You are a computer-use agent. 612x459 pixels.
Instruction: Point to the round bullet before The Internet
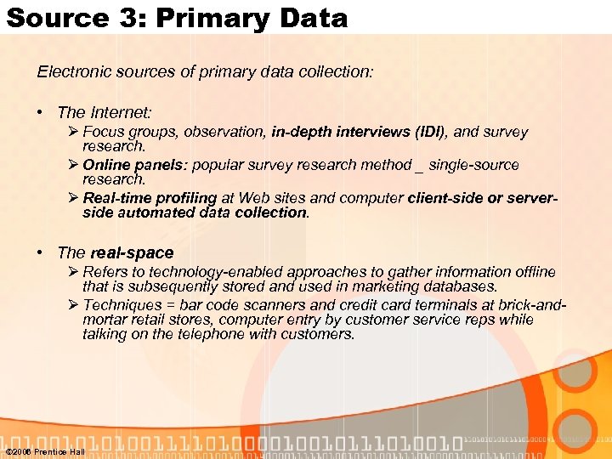point(41,112)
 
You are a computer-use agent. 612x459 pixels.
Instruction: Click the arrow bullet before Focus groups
point(75,132)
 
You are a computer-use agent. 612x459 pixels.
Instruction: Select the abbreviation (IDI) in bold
point(432,132)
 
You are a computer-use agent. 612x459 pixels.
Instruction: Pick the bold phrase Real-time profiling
point(150,197)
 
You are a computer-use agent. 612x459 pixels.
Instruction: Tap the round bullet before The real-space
point(41,252)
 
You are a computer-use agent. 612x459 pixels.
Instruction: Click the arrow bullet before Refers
point(75,272)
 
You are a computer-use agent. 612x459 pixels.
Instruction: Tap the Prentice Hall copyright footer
point(44,451)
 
